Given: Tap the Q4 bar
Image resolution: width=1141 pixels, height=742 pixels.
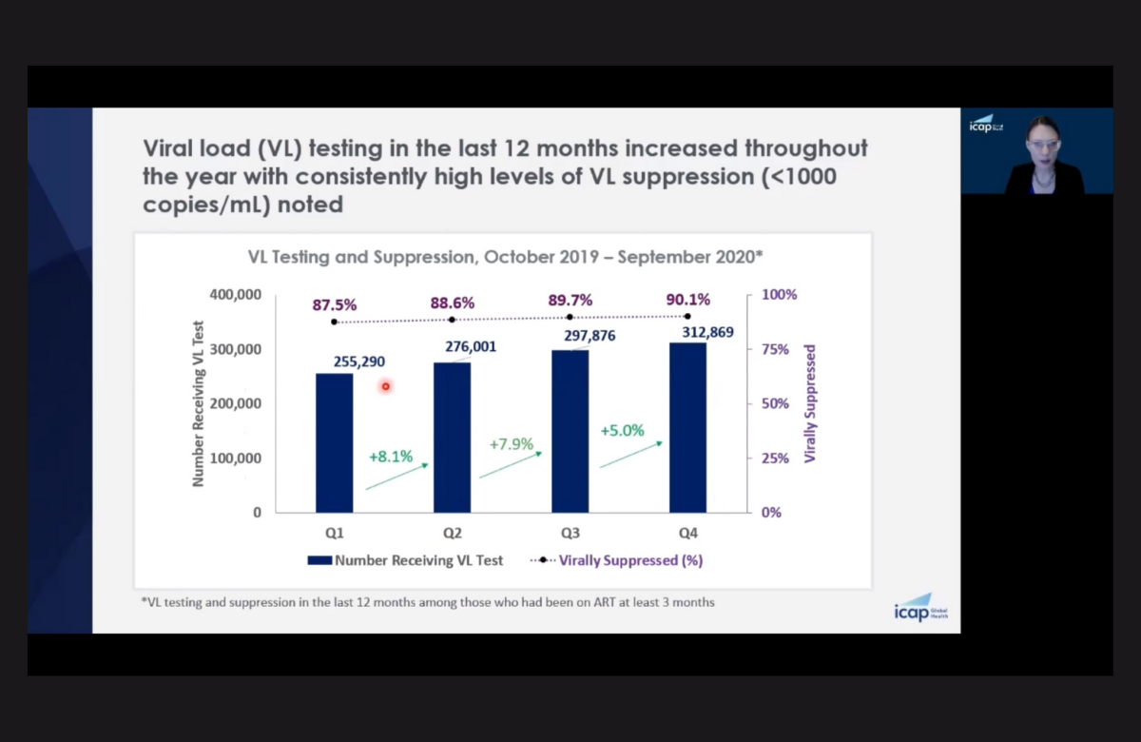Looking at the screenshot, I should pyautogui.click(x=687, y=427).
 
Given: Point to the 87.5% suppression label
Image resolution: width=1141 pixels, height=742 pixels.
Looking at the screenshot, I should pyautogui.click(x=334, y=305).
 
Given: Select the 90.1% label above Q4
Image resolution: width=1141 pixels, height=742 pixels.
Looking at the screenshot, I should pyautogui.click(x=687, y=301).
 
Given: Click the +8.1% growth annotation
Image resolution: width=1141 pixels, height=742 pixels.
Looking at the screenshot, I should pyautogui.click(x=391, y=457).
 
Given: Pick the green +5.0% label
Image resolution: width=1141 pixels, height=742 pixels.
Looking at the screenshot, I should pyautogui.click(x=622, y=431).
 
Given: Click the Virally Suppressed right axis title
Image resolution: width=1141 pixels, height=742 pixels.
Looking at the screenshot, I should pyautogui.click(x=810, y=403).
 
